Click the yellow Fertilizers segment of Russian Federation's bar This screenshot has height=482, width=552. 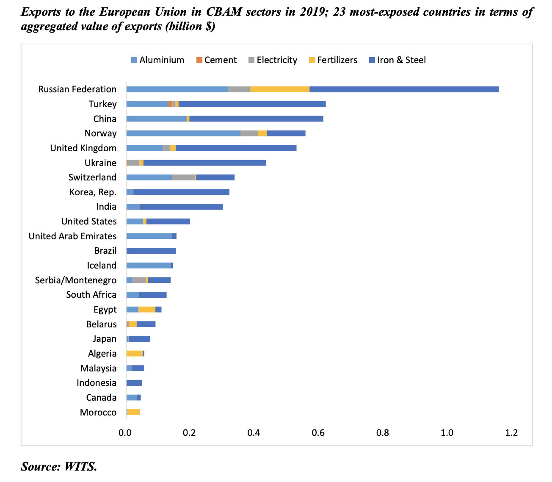pyautogui.click(x=280, y=89)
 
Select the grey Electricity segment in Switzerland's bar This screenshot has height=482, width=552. pyautogui.click(x=184, y=177)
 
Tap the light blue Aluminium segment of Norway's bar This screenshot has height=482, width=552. pyautogui.click(x=183, y=133)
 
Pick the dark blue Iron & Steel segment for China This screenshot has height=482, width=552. pyautogui.click(x=256, y=119)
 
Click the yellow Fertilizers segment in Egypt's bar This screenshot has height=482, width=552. pyautogui.click(x=147, y=309)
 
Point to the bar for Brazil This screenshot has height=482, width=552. pyautogui.click(x=151, y=251)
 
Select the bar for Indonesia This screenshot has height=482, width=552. pyautogui.click(x=134, y=383)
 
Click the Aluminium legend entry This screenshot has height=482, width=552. pyautogui.click(x=157, y=60)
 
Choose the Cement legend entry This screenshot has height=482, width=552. pyautogui.click(x=216, y=60)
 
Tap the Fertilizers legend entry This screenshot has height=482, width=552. pyautogui.click(x=333, y=60)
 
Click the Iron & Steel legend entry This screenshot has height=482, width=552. pyautogui.click(x=397, y=60)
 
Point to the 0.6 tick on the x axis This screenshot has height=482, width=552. pyautogui.click(x=318, y=433)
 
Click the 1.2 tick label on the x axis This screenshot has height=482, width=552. pyautogui.click(x=511, y=433)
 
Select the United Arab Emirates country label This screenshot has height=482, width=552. pyautogui.click(x=72, y=236)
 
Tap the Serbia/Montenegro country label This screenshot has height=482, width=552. pyautogui.click(x=76, y=280)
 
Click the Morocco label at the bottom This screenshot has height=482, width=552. pyautogui.click(x=98, y=412)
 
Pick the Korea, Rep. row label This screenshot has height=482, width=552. pyautogui.click(x=93, y=192)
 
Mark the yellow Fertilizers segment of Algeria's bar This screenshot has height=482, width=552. pyautogui.click(x=135, y=353)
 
